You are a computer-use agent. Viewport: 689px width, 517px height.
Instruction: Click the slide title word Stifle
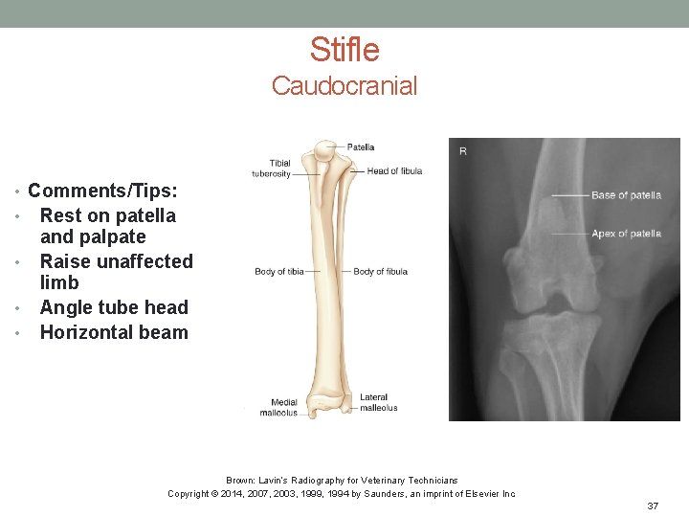click(344, 50)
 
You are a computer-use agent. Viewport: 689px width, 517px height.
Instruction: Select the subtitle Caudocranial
click(344, 86)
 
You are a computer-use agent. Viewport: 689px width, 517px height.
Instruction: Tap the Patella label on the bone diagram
click(361, 147)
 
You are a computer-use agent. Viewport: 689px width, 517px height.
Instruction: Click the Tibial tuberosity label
click(272, 169)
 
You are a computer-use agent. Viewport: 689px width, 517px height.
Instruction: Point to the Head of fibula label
click(394, 171)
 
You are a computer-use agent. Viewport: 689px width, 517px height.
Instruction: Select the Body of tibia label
click(279, 272)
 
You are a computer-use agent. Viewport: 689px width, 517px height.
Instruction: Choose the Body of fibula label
click(380, 272)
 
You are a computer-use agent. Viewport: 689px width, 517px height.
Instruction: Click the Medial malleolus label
click(284, 408)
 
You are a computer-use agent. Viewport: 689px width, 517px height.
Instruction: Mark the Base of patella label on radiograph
click(626, 195)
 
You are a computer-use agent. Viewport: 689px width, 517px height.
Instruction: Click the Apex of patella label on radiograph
click(626, 234)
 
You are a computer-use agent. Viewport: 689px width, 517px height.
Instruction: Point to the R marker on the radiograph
click(463, 151)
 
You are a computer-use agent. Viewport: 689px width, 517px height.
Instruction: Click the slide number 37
click(653, 506)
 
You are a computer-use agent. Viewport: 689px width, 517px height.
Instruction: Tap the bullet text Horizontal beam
click(114, 332)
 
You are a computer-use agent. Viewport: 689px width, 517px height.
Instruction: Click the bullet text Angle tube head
click(114, 307)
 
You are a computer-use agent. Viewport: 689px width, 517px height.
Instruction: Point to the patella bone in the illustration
click(327, 150)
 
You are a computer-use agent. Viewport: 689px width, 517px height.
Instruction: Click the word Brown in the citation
click(239, 480)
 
